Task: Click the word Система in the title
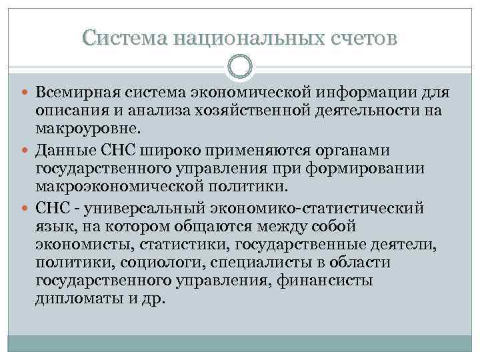click(x=124, y=38)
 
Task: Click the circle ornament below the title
click(x=240, y=66)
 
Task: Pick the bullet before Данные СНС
click(x=27, y=151)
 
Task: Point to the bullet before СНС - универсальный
click(x=27, y=209)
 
